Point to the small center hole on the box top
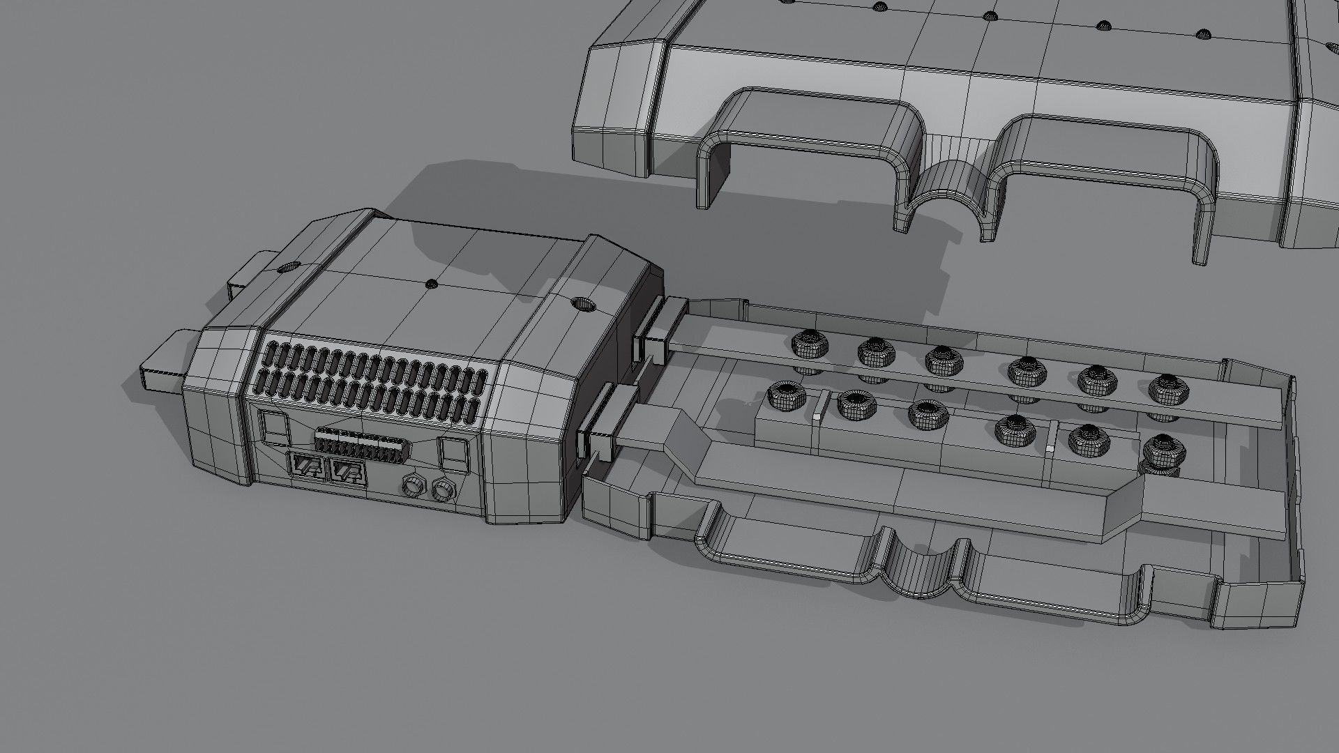[432, 284]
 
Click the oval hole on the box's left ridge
[287, 267]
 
